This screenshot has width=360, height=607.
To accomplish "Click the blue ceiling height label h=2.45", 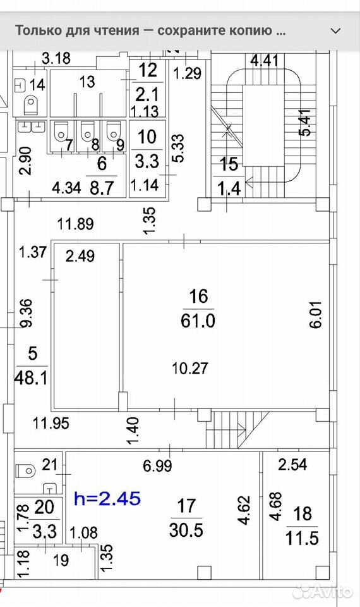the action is tap(107, 499).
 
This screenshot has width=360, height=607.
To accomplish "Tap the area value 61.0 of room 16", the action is tap(198, 321).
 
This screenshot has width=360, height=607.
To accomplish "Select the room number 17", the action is tap(186, 506).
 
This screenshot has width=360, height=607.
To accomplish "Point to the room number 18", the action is tap(303, 513).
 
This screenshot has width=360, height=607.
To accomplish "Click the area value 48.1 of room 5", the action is tap(31, 377).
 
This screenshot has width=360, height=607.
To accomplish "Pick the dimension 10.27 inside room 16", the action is tap(190, 368).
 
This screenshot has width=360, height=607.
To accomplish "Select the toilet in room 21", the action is tap(27, 470).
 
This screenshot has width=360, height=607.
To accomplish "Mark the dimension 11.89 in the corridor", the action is tap(76, 224).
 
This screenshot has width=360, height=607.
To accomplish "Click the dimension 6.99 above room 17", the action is tap(157, 465).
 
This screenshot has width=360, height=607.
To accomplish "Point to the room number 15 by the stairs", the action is tap(229, 164).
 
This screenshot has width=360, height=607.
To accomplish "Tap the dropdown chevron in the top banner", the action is tap(335, 31).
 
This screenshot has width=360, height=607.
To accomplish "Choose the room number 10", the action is tap(147, 137).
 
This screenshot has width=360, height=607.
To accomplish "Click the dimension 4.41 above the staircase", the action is tap(265, 61).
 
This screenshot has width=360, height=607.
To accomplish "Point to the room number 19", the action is tap(61, 560).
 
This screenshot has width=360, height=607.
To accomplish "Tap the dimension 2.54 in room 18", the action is tap(292, 464).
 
